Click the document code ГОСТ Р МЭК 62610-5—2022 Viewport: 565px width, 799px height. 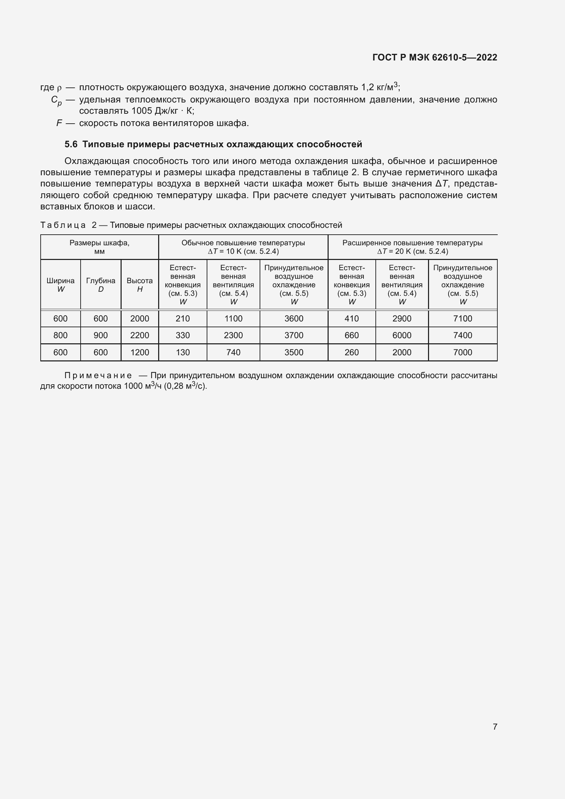point(435,57)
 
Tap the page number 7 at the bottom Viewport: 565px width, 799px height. point(495,727)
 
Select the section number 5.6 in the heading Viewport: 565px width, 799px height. point(71,144)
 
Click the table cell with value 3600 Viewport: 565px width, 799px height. point(294,318)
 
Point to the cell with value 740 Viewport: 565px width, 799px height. point(233,352)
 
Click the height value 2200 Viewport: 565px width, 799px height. point(139,335)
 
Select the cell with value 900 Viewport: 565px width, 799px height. point(100,335)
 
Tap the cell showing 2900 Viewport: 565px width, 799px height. point(402,318)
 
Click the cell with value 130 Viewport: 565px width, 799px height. point(183,352)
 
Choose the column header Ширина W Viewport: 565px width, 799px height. point(60,285)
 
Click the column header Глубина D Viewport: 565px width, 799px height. point(100,285)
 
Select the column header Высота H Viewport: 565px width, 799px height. point(139,285)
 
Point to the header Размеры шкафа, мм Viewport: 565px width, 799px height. point(99,247)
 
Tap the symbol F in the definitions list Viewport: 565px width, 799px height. point(59,123)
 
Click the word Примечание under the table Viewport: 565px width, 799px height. point(98,375)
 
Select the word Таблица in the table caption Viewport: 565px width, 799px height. point(63,225)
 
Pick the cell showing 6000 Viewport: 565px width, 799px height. point(402,335)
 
